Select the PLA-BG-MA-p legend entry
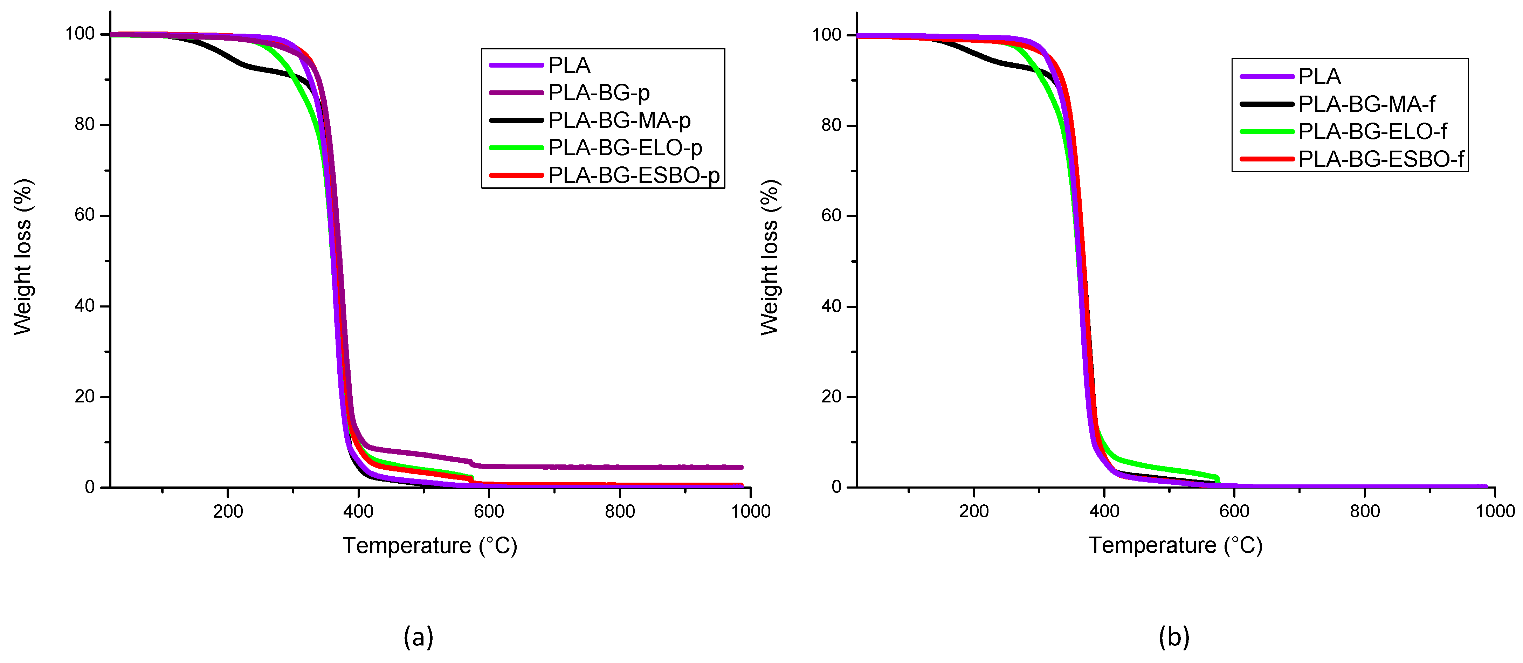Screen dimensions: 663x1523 tap(619, 120)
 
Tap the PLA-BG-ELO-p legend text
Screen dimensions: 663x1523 tap(625, 148)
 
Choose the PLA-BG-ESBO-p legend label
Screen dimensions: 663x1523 tap(633, 175)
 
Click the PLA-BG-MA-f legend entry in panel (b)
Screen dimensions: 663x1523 tap(1366, 104)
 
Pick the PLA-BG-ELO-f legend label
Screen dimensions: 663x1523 tap(1372, 131)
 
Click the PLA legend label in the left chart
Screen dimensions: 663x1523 tap(569, 65)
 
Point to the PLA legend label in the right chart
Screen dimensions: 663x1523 tap(1319, 76)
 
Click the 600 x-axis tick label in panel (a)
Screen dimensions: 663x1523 tap(489, 511)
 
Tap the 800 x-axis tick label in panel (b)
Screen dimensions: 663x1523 tap(1365, 511)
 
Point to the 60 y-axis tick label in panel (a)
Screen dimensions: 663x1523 tap(84, 215)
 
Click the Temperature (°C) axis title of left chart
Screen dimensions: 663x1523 tap(430, 545)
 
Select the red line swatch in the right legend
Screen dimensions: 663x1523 tap(1266, 159)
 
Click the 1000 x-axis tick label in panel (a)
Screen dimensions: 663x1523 tap(750, 511)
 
